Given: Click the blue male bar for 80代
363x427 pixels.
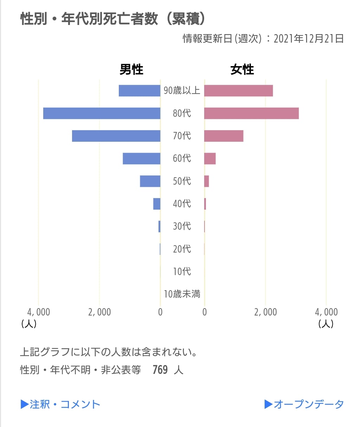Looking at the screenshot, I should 102,113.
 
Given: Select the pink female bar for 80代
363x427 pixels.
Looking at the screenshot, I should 251,113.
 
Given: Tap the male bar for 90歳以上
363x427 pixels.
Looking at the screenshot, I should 140,91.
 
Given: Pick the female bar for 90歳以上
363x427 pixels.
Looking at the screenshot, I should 238,91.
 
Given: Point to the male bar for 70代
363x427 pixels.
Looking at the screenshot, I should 116,136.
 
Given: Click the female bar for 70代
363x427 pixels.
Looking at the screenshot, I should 223,136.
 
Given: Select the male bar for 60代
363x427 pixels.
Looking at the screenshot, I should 141,158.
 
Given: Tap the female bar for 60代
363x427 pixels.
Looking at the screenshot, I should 210,158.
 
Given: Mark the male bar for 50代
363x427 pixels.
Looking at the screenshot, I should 150,181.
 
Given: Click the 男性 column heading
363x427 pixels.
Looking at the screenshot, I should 131,69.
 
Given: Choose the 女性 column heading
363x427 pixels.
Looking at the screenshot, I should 242,69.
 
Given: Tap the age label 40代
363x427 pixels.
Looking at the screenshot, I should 182,204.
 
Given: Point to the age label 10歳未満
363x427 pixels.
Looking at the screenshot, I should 182,294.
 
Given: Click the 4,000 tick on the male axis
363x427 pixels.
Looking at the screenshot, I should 39,312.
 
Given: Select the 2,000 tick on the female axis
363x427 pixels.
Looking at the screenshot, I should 265,312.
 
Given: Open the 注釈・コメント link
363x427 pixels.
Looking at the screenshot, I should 60,404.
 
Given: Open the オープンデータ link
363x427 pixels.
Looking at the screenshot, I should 304,404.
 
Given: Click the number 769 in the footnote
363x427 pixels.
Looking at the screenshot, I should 160,370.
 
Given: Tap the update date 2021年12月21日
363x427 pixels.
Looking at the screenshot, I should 309,38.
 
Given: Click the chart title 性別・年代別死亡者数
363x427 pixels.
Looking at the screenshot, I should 89,19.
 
